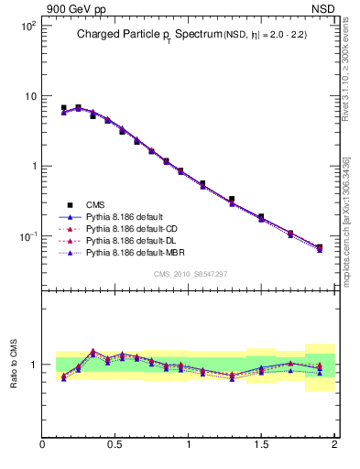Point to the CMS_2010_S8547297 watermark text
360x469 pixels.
click(x=190, y=274)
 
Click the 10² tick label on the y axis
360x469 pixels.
click(x=27, y=27)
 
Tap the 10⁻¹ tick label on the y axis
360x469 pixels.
click(x=27, y=236)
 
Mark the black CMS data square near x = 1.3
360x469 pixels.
click(x=232, y=199)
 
